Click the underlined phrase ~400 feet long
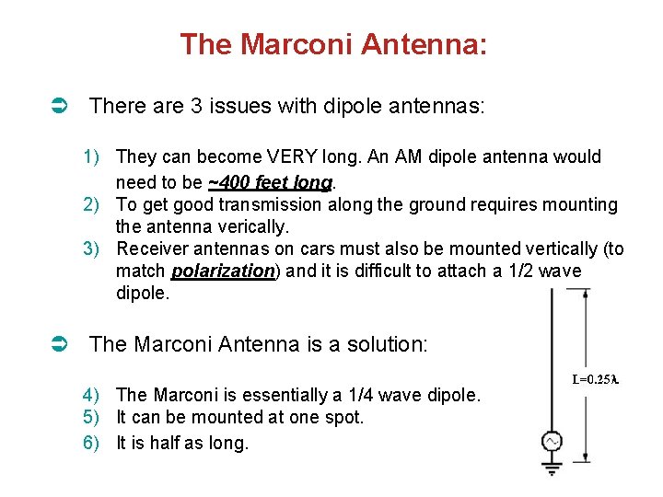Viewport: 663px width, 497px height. tap(268, 180)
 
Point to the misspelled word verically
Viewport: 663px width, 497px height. tap(230, 226)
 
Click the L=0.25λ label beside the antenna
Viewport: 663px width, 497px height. tap(595, 378)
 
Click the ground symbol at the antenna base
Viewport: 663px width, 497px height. tap(552, 468)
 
